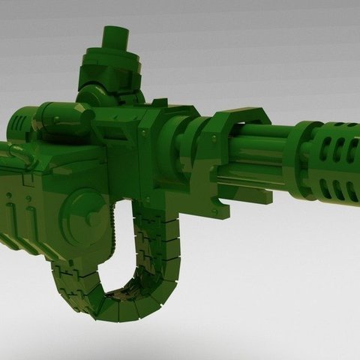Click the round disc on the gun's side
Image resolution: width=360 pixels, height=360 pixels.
(x=84, y=206)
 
